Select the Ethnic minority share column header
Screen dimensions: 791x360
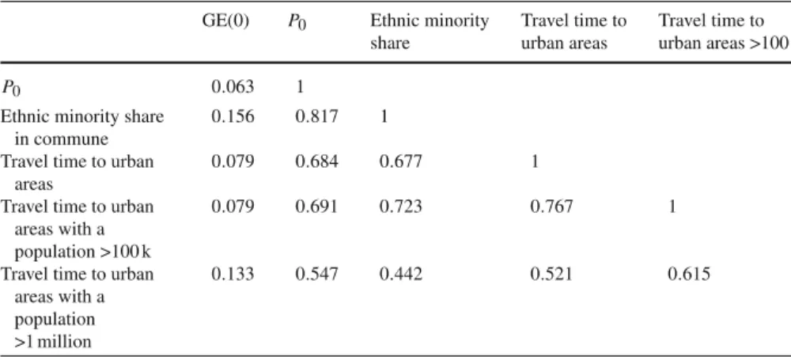tap(430, 32)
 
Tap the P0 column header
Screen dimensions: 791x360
tap(297, 24)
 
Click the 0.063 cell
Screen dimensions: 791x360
tap(233, 87)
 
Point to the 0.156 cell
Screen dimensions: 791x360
tap(233, 116)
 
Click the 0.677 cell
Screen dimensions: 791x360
tap(400, 162)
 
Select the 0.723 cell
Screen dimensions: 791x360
tap(400, 207)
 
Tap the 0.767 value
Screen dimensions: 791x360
tap(551, 207)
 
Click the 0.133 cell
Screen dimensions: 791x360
tap(233, 275)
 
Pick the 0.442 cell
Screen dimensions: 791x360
tap(400, 275)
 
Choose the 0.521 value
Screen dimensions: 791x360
tap(551, 275)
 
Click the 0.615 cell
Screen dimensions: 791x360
tap(689, 275)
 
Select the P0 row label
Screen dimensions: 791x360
tap(10, 89)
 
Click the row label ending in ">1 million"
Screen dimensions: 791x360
tap(78, 308)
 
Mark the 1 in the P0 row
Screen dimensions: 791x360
tap(300, 87)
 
